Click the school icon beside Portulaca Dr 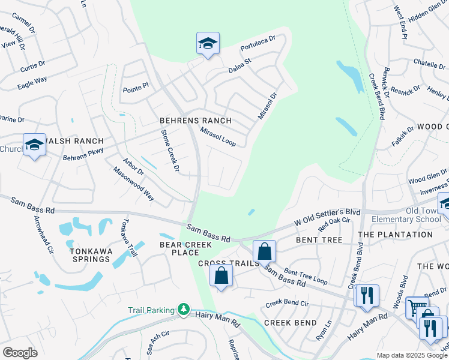(x=208, y=43)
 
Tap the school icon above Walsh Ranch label (x=34, y=145)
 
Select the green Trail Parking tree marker (x=182, y=310)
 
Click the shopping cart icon (x=415, y=307)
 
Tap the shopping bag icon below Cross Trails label (x=221, y=277)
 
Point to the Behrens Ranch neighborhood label (x=187, y=121)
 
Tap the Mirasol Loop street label (x=218, y=136)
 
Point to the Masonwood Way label (x=134, y=184)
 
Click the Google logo (x=20, y=353)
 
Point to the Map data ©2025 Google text (x=412, y=355)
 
